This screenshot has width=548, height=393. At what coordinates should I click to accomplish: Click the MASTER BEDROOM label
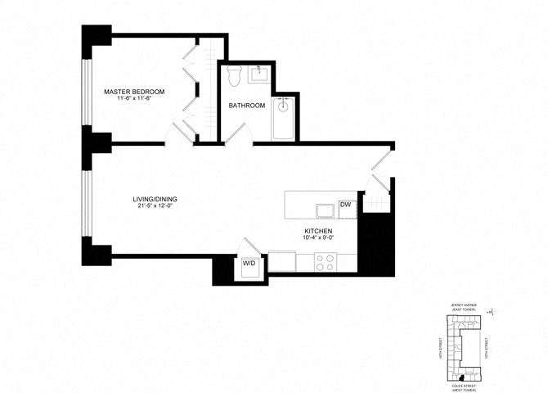coord(134,91)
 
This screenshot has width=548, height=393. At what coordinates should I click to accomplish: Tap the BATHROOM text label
coord(246,106)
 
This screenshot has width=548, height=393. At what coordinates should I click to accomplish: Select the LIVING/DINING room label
coord(155,199)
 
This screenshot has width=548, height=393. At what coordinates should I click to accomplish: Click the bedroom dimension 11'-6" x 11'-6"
coord(134,99)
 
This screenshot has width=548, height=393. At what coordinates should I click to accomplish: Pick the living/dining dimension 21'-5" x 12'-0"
coord(155,206)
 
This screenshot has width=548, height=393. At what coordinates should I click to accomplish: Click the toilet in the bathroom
coord(232,77)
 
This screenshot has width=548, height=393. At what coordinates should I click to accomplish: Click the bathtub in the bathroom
coord(283,118)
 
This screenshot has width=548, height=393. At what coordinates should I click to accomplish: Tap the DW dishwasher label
coord(344,205)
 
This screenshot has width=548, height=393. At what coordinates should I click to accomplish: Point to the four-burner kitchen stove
coord(325,261)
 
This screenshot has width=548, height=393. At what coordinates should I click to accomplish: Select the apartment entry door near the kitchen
coord(381,160)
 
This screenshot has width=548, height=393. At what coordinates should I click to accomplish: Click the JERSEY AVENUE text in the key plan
coord(460,303)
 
